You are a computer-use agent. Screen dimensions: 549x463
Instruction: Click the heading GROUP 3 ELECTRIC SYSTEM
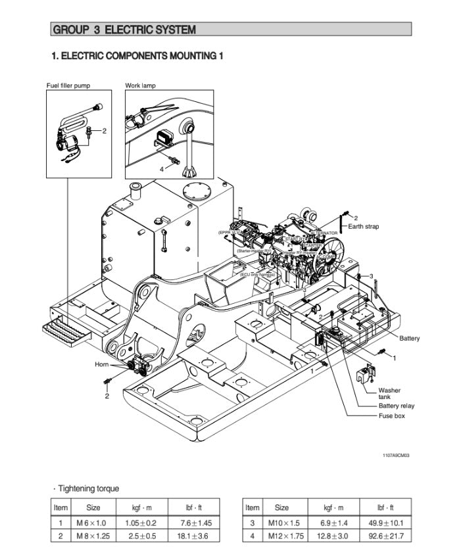[124, 30]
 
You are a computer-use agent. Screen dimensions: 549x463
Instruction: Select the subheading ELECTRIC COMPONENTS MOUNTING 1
[137, 57]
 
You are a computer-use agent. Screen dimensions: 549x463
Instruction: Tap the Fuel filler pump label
[68, 85]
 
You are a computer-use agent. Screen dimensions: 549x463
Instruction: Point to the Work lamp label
[141, 85]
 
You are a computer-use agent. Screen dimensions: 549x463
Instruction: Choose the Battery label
[409, 339]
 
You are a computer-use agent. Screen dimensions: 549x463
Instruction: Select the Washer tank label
[389, 394]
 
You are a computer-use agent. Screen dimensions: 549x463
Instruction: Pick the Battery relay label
[396, 406]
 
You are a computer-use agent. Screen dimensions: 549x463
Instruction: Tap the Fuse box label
[391, 416]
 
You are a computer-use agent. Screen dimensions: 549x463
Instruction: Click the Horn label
[102, 364]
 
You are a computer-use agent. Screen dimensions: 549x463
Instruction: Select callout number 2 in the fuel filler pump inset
[104, 130]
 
